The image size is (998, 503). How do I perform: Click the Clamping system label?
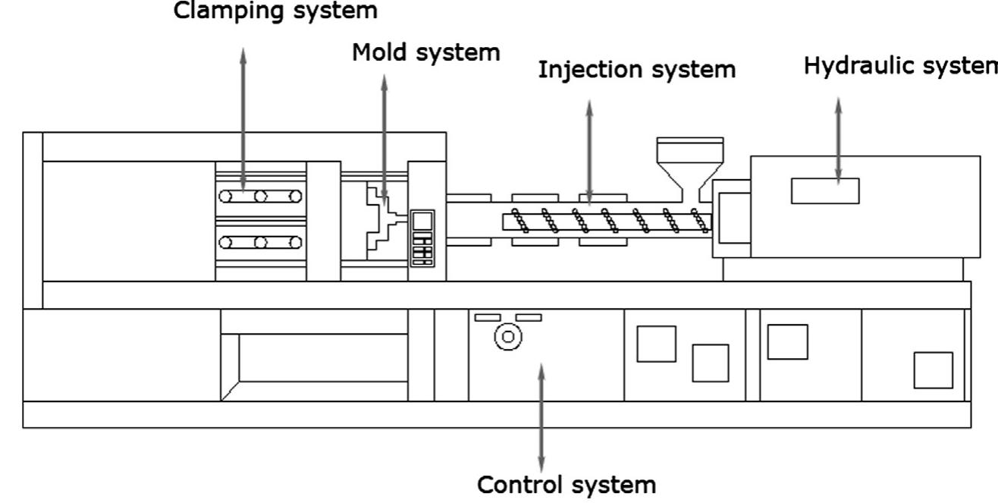(x=276, y=11)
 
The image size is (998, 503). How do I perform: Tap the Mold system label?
(x=426, y=52)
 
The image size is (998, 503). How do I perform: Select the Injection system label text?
(x=637, y=70)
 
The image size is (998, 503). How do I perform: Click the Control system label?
(x=566, y=484)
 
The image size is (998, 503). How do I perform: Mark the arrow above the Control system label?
(x=541, y=417)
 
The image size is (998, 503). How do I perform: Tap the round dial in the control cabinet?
(x=507, y=336)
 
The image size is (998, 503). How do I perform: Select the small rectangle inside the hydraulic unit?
(x=825, y=191)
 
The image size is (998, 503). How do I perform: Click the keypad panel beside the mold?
(x=422, y=237)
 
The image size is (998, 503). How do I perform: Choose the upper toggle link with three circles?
(x=260, y=196)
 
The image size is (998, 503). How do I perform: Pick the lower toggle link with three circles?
(x=260, y=243)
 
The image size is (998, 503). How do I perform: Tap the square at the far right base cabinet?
(x=933, y=370)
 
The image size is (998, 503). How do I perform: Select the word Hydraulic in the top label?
(x=855, y=66)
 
